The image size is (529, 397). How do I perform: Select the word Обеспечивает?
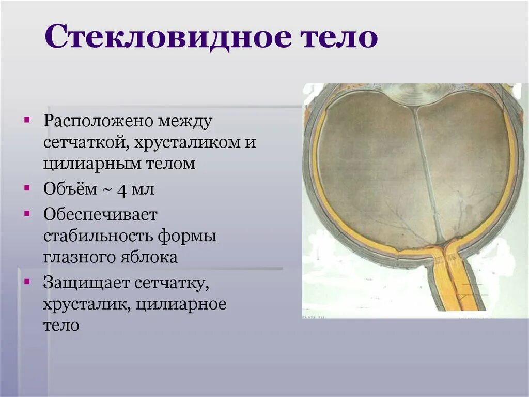click(x=100, y=214)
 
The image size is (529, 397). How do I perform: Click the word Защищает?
click(x=84, y=283)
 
